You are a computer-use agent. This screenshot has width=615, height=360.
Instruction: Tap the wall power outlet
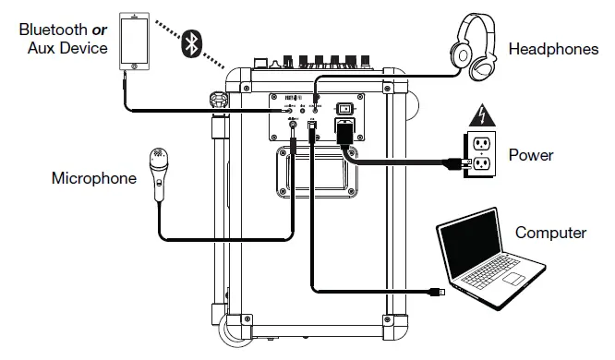point(481,153)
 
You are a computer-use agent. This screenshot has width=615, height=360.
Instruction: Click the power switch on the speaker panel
point(345,107)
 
